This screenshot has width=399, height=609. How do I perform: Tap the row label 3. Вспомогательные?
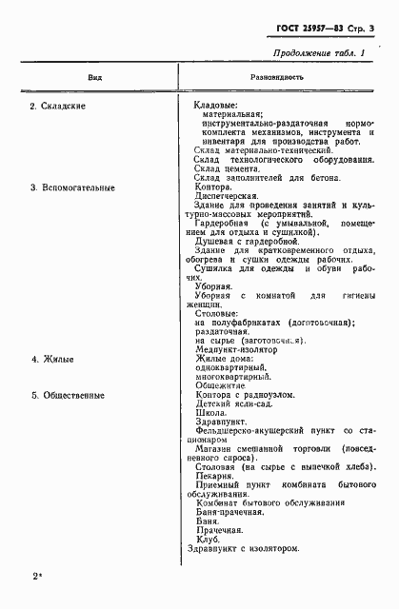click(72, 187)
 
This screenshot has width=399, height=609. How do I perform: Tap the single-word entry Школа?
click(209, 415)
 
